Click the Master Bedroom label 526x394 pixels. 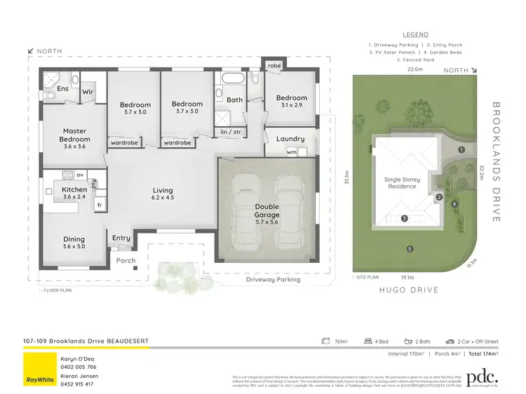click(74, 135)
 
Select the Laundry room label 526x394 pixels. click(290, 139)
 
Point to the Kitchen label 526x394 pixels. click(74, 189)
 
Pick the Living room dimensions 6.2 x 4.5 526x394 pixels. click(163, 198)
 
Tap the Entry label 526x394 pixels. click(121, 238)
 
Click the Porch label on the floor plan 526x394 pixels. click(126, 261)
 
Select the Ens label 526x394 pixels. click(63, 89)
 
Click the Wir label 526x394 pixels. click(88, 91)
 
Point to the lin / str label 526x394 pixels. click(230, 131)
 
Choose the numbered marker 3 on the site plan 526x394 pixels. click(405, 219)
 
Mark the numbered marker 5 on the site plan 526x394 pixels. click(410, 249)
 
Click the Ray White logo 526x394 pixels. click(39, 369)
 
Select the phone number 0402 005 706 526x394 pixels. click(78, 367)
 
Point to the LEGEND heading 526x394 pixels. click(415, 34)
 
